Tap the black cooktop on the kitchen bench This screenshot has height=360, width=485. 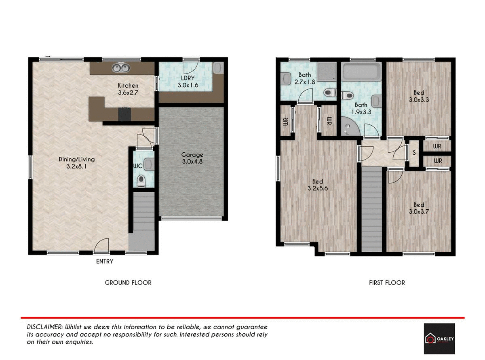pos(124,114)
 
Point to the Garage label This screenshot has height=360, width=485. pos(192,155)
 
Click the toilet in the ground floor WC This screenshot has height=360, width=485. pos(141,181)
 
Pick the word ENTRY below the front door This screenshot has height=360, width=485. pos(104,261)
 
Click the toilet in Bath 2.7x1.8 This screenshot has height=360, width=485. pos(330,93)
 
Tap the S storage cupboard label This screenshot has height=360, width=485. pos(414,153)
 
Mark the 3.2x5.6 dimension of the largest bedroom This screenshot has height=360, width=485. pos(317,188)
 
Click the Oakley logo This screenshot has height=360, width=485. pos(439,339)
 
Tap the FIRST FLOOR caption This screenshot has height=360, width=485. pos(387,283)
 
